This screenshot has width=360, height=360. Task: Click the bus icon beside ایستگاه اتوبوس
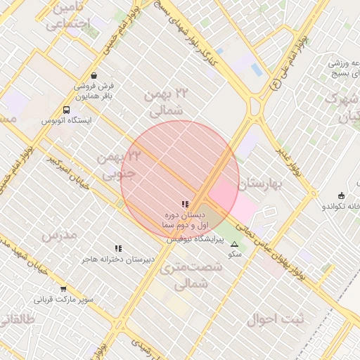pyautogui.click(x=66, y=110)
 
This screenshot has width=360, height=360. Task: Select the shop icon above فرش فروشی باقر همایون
pyautogui.click(x=94, y=76)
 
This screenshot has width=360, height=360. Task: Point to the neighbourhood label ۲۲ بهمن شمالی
pyautogui.click(x=167, y=102)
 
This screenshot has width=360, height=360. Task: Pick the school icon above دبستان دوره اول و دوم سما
pyautogui.click(x=186, y=204)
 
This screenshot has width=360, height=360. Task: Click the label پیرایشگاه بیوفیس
pyautogui.click(x=195, y=240)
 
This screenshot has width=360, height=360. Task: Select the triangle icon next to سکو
pyautogui.click(x=235, y=244)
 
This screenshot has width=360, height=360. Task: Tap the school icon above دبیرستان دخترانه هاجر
pyautogui.click(x=118, y=248)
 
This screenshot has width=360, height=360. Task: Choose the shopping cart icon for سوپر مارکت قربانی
pyautogui.click(x=63, y=289)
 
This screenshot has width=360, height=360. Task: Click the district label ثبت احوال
pyautogui.click(x=274, y=319)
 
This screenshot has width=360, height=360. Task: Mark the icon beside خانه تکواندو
pyautogui.click(x=342, y=195)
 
